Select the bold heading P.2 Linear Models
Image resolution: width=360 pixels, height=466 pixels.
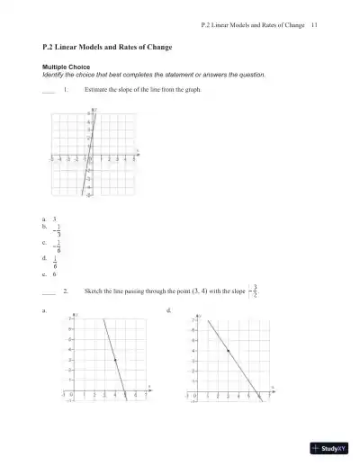click(x=107, y=46)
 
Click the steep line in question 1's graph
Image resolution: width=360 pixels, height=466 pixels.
click(x=86, y=166)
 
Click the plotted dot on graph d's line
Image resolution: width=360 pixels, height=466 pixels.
click(x=228, y=351)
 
